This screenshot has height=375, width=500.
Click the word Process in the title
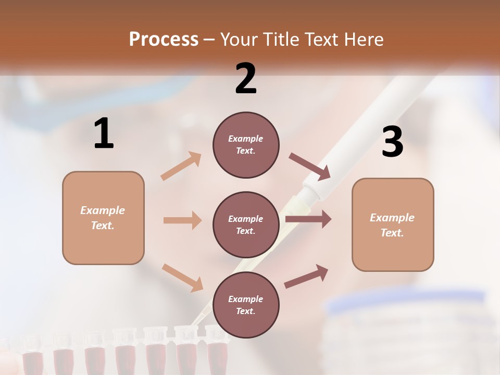tap(164, 40)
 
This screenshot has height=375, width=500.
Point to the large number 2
tap(246, 78)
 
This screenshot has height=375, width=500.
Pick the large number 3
tap(392, 142)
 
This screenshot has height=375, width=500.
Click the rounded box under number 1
tap(103, 218)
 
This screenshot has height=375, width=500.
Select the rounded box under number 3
tap(393, 225)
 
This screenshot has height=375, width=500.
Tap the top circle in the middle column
tap(246, 145)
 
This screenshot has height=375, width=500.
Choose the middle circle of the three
tap(246, 224)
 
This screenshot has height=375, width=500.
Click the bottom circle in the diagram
tap(246, 305)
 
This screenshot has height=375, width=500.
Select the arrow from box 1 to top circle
tap(181, 166)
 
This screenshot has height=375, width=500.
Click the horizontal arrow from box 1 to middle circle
tap(182, 220)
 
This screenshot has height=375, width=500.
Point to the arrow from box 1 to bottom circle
tap(182, 277)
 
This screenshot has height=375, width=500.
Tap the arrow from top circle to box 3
tap(310, 166)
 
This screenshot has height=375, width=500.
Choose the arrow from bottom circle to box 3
tap(306, 277)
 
